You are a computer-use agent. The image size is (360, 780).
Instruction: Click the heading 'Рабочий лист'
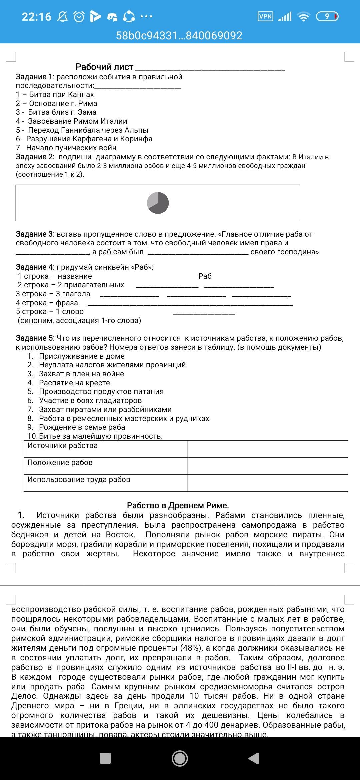(104, 67)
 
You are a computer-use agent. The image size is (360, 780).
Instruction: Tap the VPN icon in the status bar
(265, 16)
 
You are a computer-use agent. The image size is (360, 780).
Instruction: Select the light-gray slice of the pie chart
(153, 199)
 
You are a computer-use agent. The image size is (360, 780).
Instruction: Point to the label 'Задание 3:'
(35, 234)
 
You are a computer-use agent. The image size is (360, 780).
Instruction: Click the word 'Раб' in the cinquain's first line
(205, 276)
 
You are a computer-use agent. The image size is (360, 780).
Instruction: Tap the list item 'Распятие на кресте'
(74, 383)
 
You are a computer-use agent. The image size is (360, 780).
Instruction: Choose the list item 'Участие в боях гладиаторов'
(90, 400)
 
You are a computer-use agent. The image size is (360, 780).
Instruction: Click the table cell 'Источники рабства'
(62, 446)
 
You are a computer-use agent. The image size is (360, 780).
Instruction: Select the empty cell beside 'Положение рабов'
(267, 466)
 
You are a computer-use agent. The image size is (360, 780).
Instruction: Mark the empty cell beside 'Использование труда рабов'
(267, 483)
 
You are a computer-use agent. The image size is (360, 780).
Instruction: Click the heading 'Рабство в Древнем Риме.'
(178, 506)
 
